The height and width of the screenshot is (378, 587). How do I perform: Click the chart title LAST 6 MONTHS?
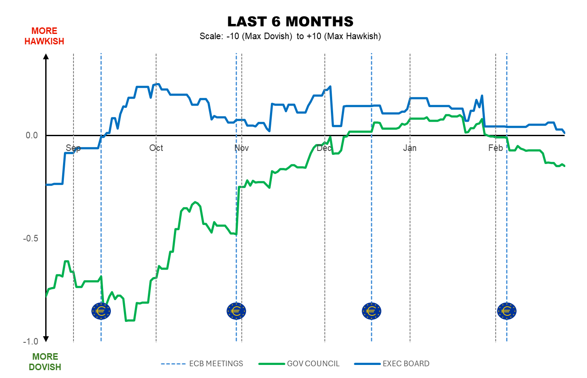tap(290, 21)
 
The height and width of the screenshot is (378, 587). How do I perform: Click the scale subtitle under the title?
tap(290, 36)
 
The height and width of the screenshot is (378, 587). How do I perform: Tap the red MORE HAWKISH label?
tap(44, 36)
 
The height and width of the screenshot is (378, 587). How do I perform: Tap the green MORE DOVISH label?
tap(45, 362)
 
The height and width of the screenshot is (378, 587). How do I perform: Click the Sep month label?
tap(73, 148)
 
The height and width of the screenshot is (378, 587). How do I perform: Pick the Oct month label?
tap(156, 148)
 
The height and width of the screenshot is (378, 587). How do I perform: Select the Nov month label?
tap(241, 148)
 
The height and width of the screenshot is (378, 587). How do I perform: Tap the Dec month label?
tap(324, 148)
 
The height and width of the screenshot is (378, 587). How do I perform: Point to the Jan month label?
tap(410, 148)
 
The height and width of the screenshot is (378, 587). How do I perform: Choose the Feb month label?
tap(496, 148)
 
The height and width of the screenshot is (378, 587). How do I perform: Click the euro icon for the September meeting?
tap(101, 311)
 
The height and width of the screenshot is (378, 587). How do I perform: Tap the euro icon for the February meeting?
tap(507, 311)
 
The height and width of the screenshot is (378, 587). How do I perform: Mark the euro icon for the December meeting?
tap(371, 311)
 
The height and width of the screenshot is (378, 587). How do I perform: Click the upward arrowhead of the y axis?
tap(46, 56)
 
